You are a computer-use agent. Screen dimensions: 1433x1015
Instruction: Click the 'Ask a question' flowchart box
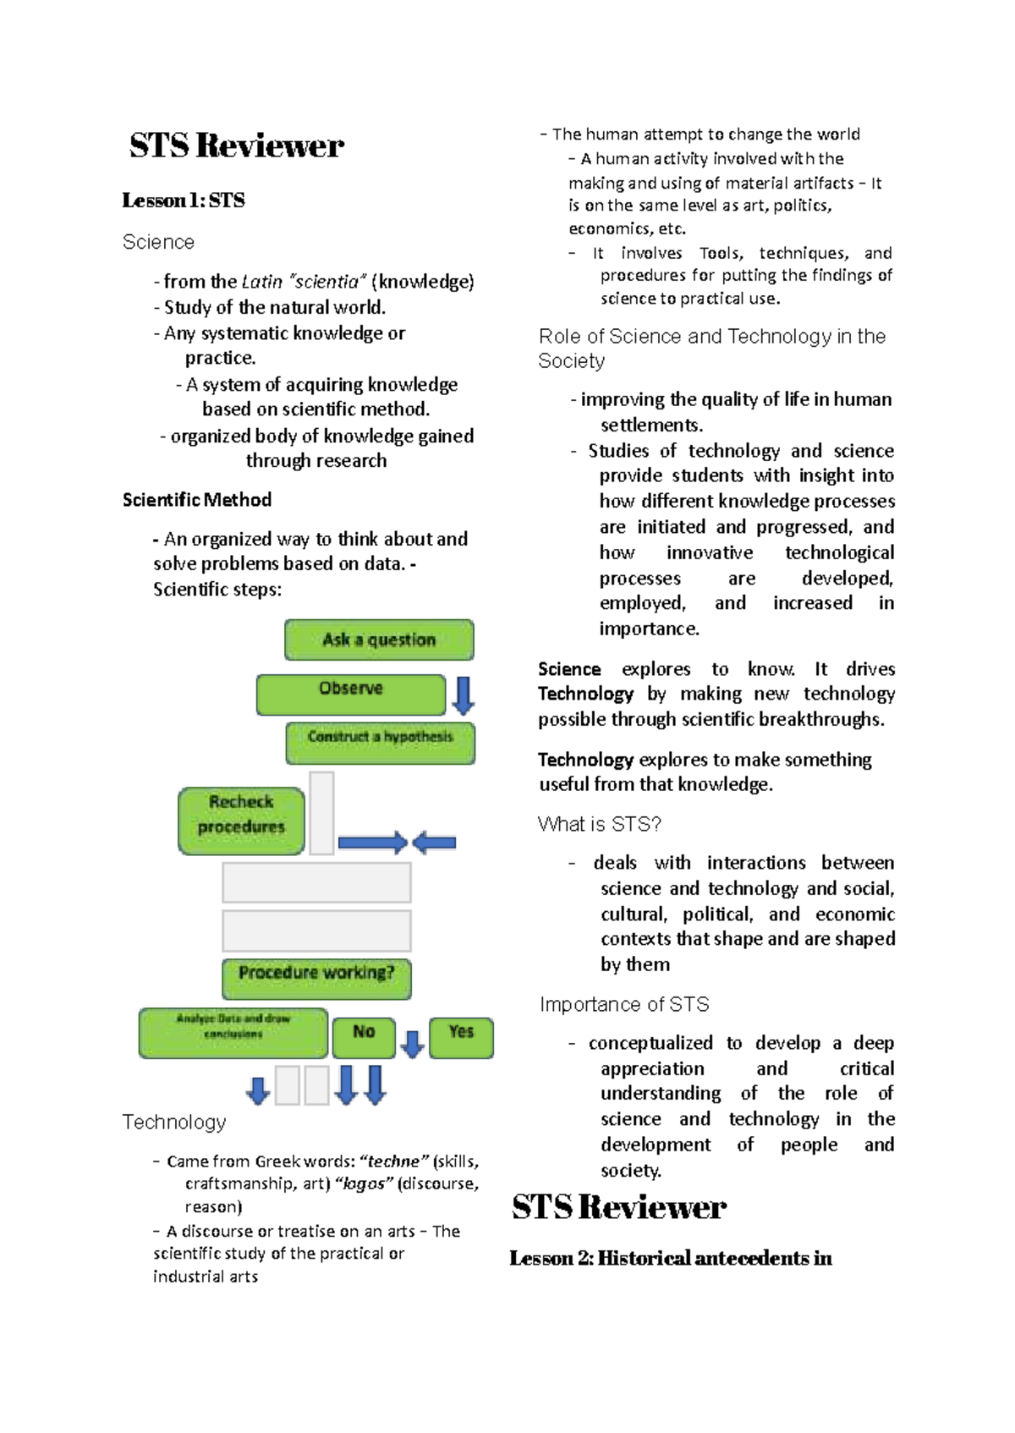379,640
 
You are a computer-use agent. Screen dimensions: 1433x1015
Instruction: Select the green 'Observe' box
351,695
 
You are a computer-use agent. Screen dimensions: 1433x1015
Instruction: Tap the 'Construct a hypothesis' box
380,743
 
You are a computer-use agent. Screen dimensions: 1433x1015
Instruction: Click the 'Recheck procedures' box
241,821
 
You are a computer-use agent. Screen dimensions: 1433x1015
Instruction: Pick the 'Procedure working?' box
316,978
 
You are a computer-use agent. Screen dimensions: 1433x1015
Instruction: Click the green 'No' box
364,1037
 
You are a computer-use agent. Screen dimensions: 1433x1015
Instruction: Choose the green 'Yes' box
461,1037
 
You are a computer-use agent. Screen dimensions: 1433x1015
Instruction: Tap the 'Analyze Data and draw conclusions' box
233,1032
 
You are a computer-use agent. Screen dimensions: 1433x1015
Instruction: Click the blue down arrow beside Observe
463,695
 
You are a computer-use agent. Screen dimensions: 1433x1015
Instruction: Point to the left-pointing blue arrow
435,842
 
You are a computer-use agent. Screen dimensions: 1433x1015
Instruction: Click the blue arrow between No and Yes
412,1044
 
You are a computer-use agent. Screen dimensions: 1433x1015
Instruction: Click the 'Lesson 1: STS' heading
184,200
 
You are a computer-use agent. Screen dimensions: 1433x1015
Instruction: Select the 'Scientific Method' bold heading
197,500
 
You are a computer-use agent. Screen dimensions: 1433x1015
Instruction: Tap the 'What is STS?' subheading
599,824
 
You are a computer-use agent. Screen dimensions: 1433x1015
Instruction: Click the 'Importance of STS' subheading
624,1004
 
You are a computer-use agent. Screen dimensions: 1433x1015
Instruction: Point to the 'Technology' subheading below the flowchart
174,1122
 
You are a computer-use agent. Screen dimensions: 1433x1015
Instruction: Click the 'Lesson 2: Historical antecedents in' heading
670,1258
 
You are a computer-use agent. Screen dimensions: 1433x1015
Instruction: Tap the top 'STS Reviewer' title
236,145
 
